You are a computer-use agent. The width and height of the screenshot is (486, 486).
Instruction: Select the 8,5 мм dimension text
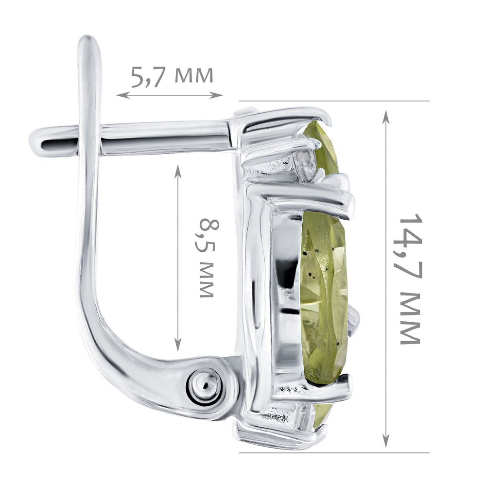tap(207, 258)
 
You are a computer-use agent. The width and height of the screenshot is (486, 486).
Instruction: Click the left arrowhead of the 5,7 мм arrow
tap(121, 95)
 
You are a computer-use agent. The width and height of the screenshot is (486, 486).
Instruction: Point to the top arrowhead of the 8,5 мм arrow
tap(177, 171)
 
